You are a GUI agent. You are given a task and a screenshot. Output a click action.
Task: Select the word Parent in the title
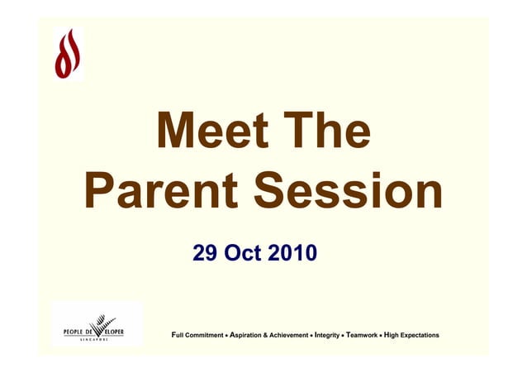click(161, 194)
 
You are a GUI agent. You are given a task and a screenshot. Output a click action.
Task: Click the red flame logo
click(69, 53)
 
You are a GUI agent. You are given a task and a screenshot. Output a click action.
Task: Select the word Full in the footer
click(175, 335)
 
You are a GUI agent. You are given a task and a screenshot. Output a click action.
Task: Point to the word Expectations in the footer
click(420, 335)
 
